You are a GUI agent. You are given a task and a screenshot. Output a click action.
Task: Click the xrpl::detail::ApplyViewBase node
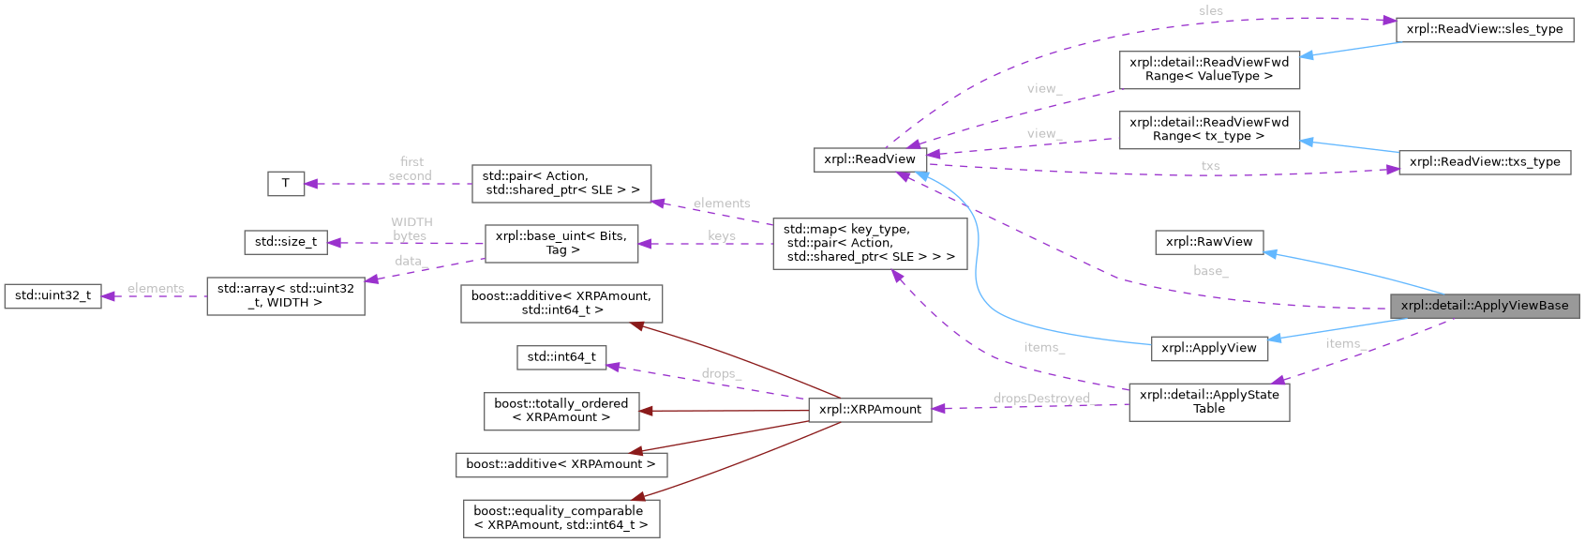1485,306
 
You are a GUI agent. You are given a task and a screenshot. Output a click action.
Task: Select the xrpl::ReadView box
870,159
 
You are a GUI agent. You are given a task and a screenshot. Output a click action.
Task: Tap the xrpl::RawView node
1209,242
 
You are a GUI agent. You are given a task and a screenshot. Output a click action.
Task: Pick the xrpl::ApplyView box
1209,348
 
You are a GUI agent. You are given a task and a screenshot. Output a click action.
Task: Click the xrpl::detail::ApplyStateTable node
1209,401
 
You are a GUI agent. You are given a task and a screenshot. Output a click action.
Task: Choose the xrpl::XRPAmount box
870,410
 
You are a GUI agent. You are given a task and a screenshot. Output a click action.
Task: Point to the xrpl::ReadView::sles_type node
1485,29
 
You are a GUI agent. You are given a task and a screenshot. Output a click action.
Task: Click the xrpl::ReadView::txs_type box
1485,162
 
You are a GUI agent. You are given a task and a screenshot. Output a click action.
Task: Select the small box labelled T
286,183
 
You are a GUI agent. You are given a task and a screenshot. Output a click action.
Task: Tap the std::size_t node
286,242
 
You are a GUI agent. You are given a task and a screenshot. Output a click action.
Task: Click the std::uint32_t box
52,295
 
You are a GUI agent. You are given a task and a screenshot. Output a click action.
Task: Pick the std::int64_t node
561,357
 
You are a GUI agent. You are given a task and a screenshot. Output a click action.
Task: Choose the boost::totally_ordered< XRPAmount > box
561,411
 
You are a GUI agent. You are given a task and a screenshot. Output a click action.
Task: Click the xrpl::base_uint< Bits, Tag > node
561,243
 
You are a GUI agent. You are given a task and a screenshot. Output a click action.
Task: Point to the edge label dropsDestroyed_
1041,399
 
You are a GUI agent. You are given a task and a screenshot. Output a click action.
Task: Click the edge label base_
1210,271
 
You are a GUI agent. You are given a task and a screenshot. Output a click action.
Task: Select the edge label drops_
721,373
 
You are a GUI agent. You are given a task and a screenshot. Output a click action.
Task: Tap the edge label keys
722,235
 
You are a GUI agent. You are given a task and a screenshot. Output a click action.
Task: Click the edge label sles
1211,11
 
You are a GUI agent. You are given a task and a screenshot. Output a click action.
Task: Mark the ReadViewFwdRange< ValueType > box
1209,69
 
